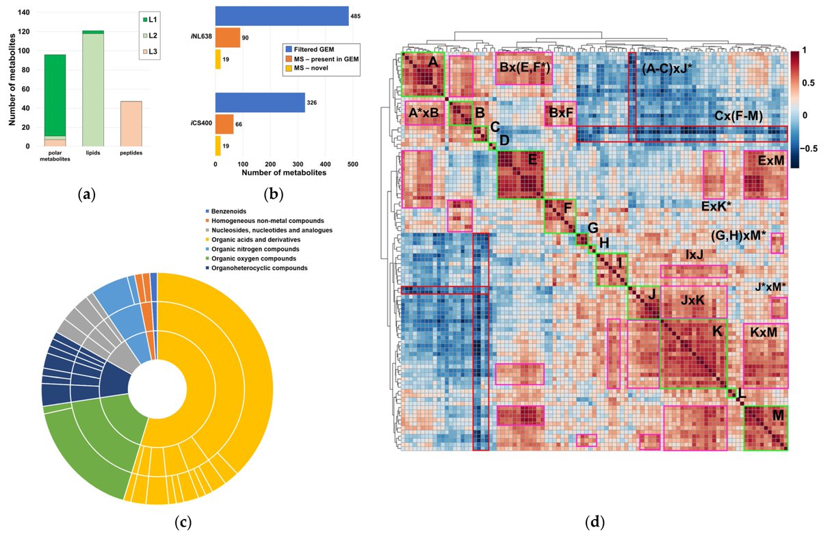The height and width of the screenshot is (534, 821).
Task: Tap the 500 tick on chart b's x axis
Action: pos(353,164)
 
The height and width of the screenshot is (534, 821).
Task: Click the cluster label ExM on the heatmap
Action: pos(771,160)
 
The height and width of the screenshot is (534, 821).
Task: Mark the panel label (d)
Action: pos(595,523)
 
